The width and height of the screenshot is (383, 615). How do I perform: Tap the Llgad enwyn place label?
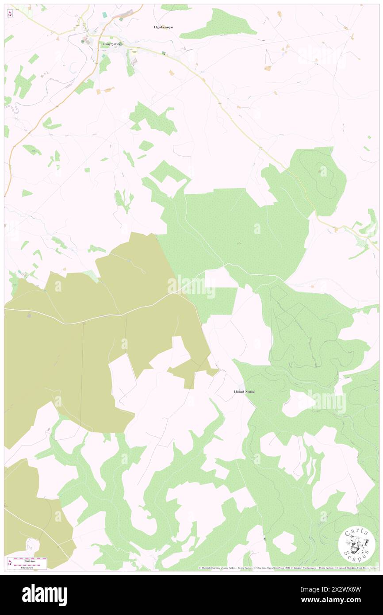tap(163, 27)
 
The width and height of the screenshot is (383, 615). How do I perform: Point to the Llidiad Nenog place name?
tap(244, 392)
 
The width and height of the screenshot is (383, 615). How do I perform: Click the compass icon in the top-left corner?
tap(10, 14)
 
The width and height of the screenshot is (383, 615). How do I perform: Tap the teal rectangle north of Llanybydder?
tap(105, 15)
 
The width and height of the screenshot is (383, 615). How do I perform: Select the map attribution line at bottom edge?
tap(287, 568)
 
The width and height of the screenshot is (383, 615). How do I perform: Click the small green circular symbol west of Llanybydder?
tap(82, 42)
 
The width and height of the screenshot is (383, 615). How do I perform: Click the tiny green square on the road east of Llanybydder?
tap(163, 54)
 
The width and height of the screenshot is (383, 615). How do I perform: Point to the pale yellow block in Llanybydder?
tap(133, 53)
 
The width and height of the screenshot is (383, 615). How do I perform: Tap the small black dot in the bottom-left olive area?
tap(57, 547)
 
